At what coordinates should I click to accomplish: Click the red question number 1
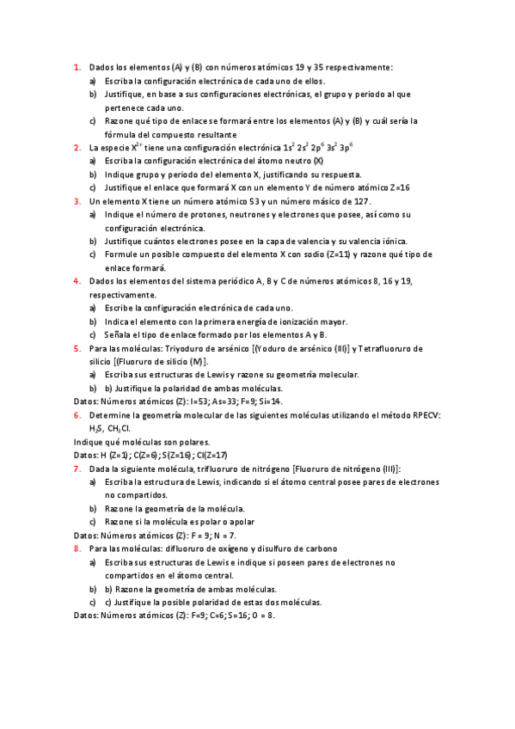click(x=77, y=67)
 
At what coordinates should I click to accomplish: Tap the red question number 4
click(x=77, y=281)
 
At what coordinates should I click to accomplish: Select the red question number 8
click(x=77, y=548)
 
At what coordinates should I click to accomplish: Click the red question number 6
click(x=77, y=414)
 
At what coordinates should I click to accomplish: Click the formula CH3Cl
click(x=120, y=428)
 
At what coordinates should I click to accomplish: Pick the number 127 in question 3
click(x=360, y=201)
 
